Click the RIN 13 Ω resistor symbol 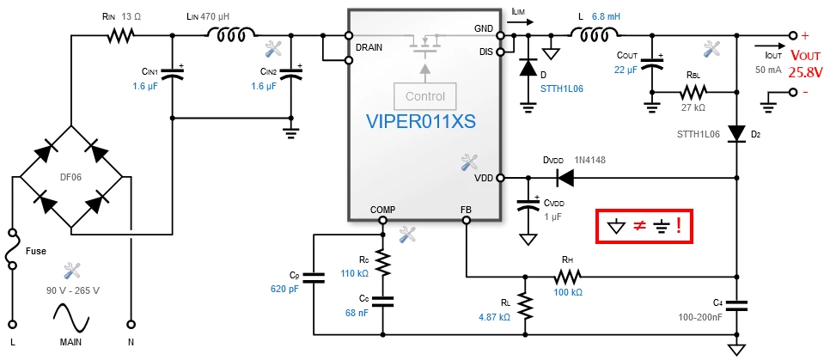(x=120, y=36)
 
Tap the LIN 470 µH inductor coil (x=231, y=35)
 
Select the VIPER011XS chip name (x=421, y=121)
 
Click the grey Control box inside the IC (x=425, y=96)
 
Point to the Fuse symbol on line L (x=12, y=249)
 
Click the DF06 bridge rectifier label (x=72, y=178)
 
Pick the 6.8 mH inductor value (x=606, y=17)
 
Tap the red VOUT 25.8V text (x=806, y=63)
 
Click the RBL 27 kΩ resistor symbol (x=693, y=92)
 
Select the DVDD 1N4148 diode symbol (x=565, y=179)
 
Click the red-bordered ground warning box (x=644, y=226)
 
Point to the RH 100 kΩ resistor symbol (x=567, y=276)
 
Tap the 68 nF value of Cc (x=355, y=313)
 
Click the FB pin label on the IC (x=466, y=209)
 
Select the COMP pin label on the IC (x=382, y=209)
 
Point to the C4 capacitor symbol (x=736, y=306)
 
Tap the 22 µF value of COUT (x=626, y=69)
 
